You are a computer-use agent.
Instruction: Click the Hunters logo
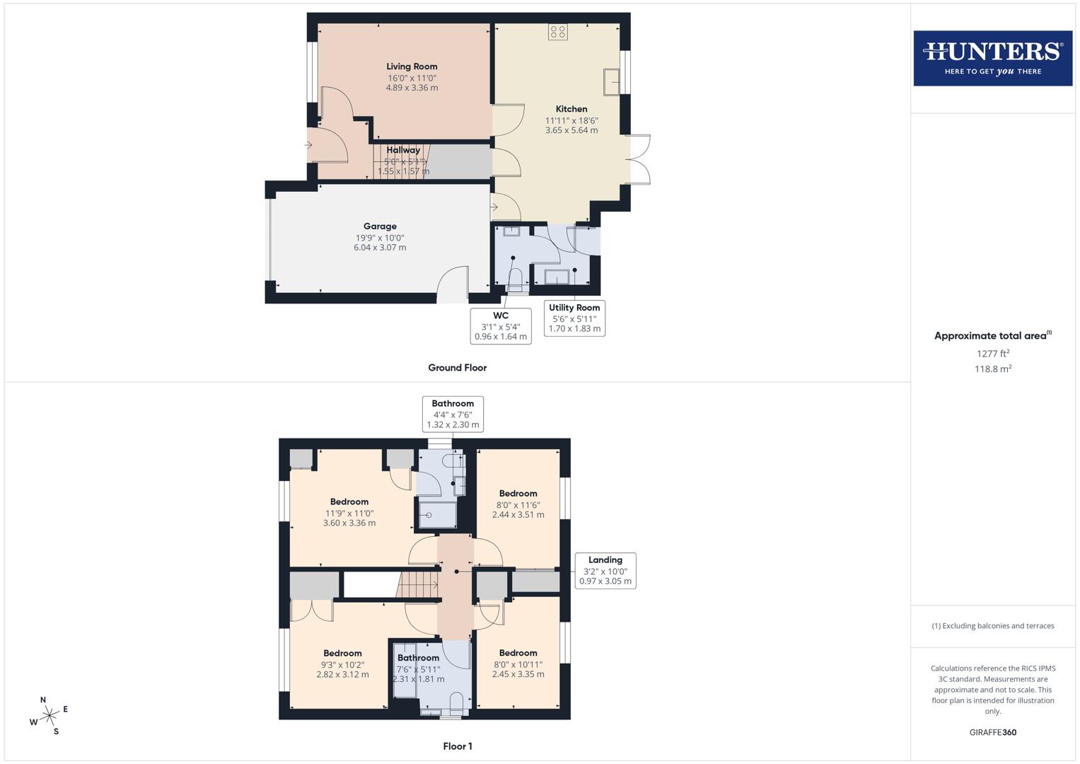pos(992,58)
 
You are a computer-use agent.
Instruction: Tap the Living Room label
pos(412,66)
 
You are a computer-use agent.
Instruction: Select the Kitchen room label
pos(571,109)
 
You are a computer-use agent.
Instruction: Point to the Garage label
pos(380,226)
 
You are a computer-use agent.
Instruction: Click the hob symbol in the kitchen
pos(557,32)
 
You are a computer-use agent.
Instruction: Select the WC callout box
pos(501,325)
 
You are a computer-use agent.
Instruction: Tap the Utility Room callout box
pos(574,318)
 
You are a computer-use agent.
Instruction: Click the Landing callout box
pos(605,570)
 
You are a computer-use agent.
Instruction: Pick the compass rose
pos(48,716)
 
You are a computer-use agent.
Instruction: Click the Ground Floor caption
pos(457,368)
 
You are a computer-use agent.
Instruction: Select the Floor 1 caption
pos(457,746)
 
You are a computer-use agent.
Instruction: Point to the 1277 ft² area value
pos(992,354)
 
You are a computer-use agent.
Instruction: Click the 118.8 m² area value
pos(992,369)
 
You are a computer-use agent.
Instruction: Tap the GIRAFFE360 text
pos(992,732)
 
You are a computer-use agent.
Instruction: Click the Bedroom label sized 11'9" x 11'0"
pos(349,502)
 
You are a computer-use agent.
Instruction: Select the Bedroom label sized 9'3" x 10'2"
pos(342,653)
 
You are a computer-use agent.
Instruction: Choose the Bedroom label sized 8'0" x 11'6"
pos(518,494)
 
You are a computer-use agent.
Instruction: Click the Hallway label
pos(403,150)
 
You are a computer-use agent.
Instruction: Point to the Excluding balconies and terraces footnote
pos(992,626)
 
